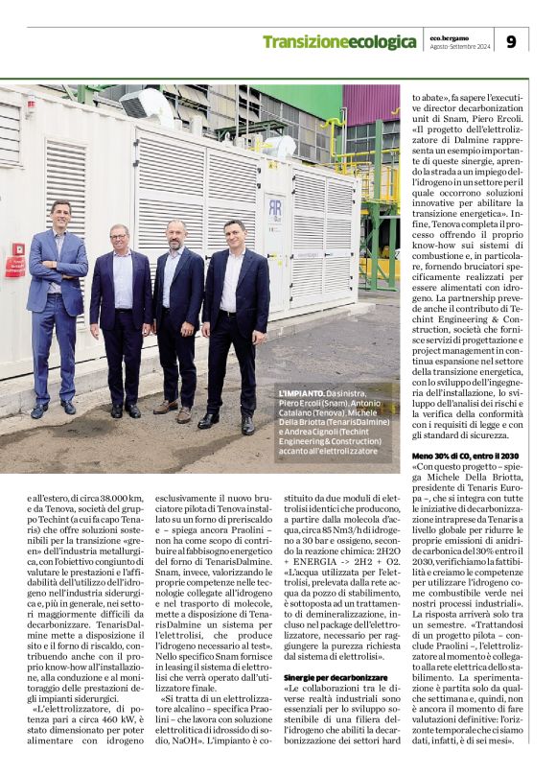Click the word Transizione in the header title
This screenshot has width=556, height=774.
306,42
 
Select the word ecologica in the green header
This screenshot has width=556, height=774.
382,42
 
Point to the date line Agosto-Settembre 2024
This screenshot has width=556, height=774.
458,47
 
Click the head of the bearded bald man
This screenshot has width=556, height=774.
174,234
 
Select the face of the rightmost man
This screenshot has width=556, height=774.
233,234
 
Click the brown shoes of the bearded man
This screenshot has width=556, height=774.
174,411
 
